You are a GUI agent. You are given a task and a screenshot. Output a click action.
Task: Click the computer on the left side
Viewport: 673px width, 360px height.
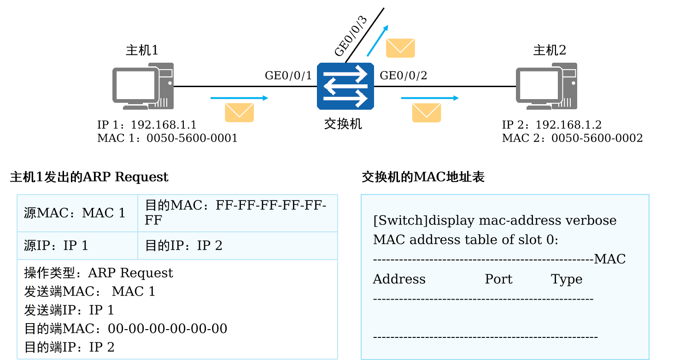[x=143, y=86]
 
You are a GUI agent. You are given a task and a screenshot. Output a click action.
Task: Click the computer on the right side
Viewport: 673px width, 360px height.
[x=546, y=86]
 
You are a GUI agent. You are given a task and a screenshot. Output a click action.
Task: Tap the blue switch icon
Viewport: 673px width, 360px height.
[x=345, y=87]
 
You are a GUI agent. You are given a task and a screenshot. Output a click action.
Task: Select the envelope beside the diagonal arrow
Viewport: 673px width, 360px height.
[x=400, y=48]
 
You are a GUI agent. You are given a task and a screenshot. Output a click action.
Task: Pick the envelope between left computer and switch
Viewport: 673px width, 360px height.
[x=239, y=113]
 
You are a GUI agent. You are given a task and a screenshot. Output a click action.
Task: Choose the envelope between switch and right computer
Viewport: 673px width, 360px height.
[x=427, y=113]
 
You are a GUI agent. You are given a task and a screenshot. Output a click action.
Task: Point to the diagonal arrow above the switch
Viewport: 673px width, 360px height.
[x=377, y=41]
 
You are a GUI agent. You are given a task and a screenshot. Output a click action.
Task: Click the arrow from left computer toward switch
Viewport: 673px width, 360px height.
[x=239, y=98]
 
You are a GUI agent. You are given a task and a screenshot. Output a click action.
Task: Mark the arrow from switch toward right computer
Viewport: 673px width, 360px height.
[x=430, y=98]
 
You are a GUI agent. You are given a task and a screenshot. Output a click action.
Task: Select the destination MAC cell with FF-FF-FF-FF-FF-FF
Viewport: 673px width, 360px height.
[x=235, y=212]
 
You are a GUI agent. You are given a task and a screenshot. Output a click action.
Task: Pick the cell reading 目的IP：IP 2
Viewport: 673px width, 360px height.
[x=184, y=246]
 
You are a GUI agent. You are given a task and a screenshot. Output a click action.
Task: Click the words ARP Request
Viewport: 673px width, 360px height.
[x=130, y=273]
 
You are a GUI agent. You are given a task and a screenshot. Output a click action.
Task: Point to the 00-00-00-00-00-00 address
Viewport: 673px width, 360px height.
[x=168, y=329]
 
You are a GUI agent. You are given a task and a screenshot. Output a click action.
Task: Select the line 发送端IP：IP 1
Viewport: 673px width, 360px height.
[x=69, y=310]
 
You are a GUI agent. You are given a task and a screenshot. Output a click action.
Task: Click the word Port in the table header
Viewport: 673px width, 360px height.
[x=498, y=279]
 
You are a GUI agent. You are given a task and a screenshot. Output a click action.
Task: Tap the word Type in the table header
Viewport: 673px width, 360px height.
[x=567, y=279]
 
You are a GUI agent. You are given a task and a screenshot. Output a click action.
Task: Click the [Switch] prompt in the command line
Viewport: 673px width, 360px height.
[x=400, y=220]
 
